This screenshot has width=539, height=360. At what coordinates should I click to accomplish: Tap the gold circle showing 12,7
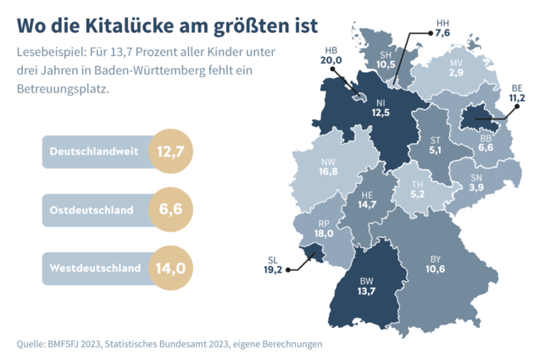170,151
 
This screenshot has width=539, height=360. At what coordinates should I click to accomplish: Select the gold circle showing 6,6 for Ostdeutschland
170,209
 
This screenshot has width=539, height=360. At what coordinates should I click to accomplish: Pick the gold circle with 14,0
170,268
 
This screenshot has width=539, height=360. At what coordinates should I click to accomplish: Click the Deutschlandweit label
94,152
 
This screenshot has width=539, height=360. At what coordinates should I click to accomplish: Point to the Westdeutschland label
95,268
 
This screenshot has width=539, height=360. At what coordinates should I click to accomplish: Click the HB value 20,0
331,60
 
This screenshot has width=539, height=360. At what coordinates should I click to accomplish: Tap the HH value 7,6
442,33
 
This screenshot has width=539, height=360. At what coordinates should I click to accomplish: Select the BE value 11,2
517,98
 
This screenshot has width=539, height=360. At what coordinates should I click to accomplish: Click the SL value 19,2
273,269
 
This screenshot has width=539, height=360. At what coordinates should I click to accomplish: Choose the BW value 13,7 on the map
366,291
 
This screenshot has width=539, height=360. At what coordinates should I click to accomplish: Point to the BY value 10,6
436,269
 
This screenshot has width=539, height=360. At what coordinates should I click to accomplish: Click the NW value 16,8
328,171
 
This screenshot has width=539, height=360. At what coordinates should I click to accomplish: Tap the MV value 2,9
456,73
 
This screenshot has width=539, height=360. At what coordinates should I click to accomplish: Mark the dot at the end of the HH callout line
431,33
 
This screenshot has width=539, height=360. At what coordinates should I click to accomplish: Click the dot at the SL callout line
288,270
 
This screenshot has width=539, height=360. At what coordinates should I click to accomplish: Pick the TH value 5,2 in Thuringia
417,194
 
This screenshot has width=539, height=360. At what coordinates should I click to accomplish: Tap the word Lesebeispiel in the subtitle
52,52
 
